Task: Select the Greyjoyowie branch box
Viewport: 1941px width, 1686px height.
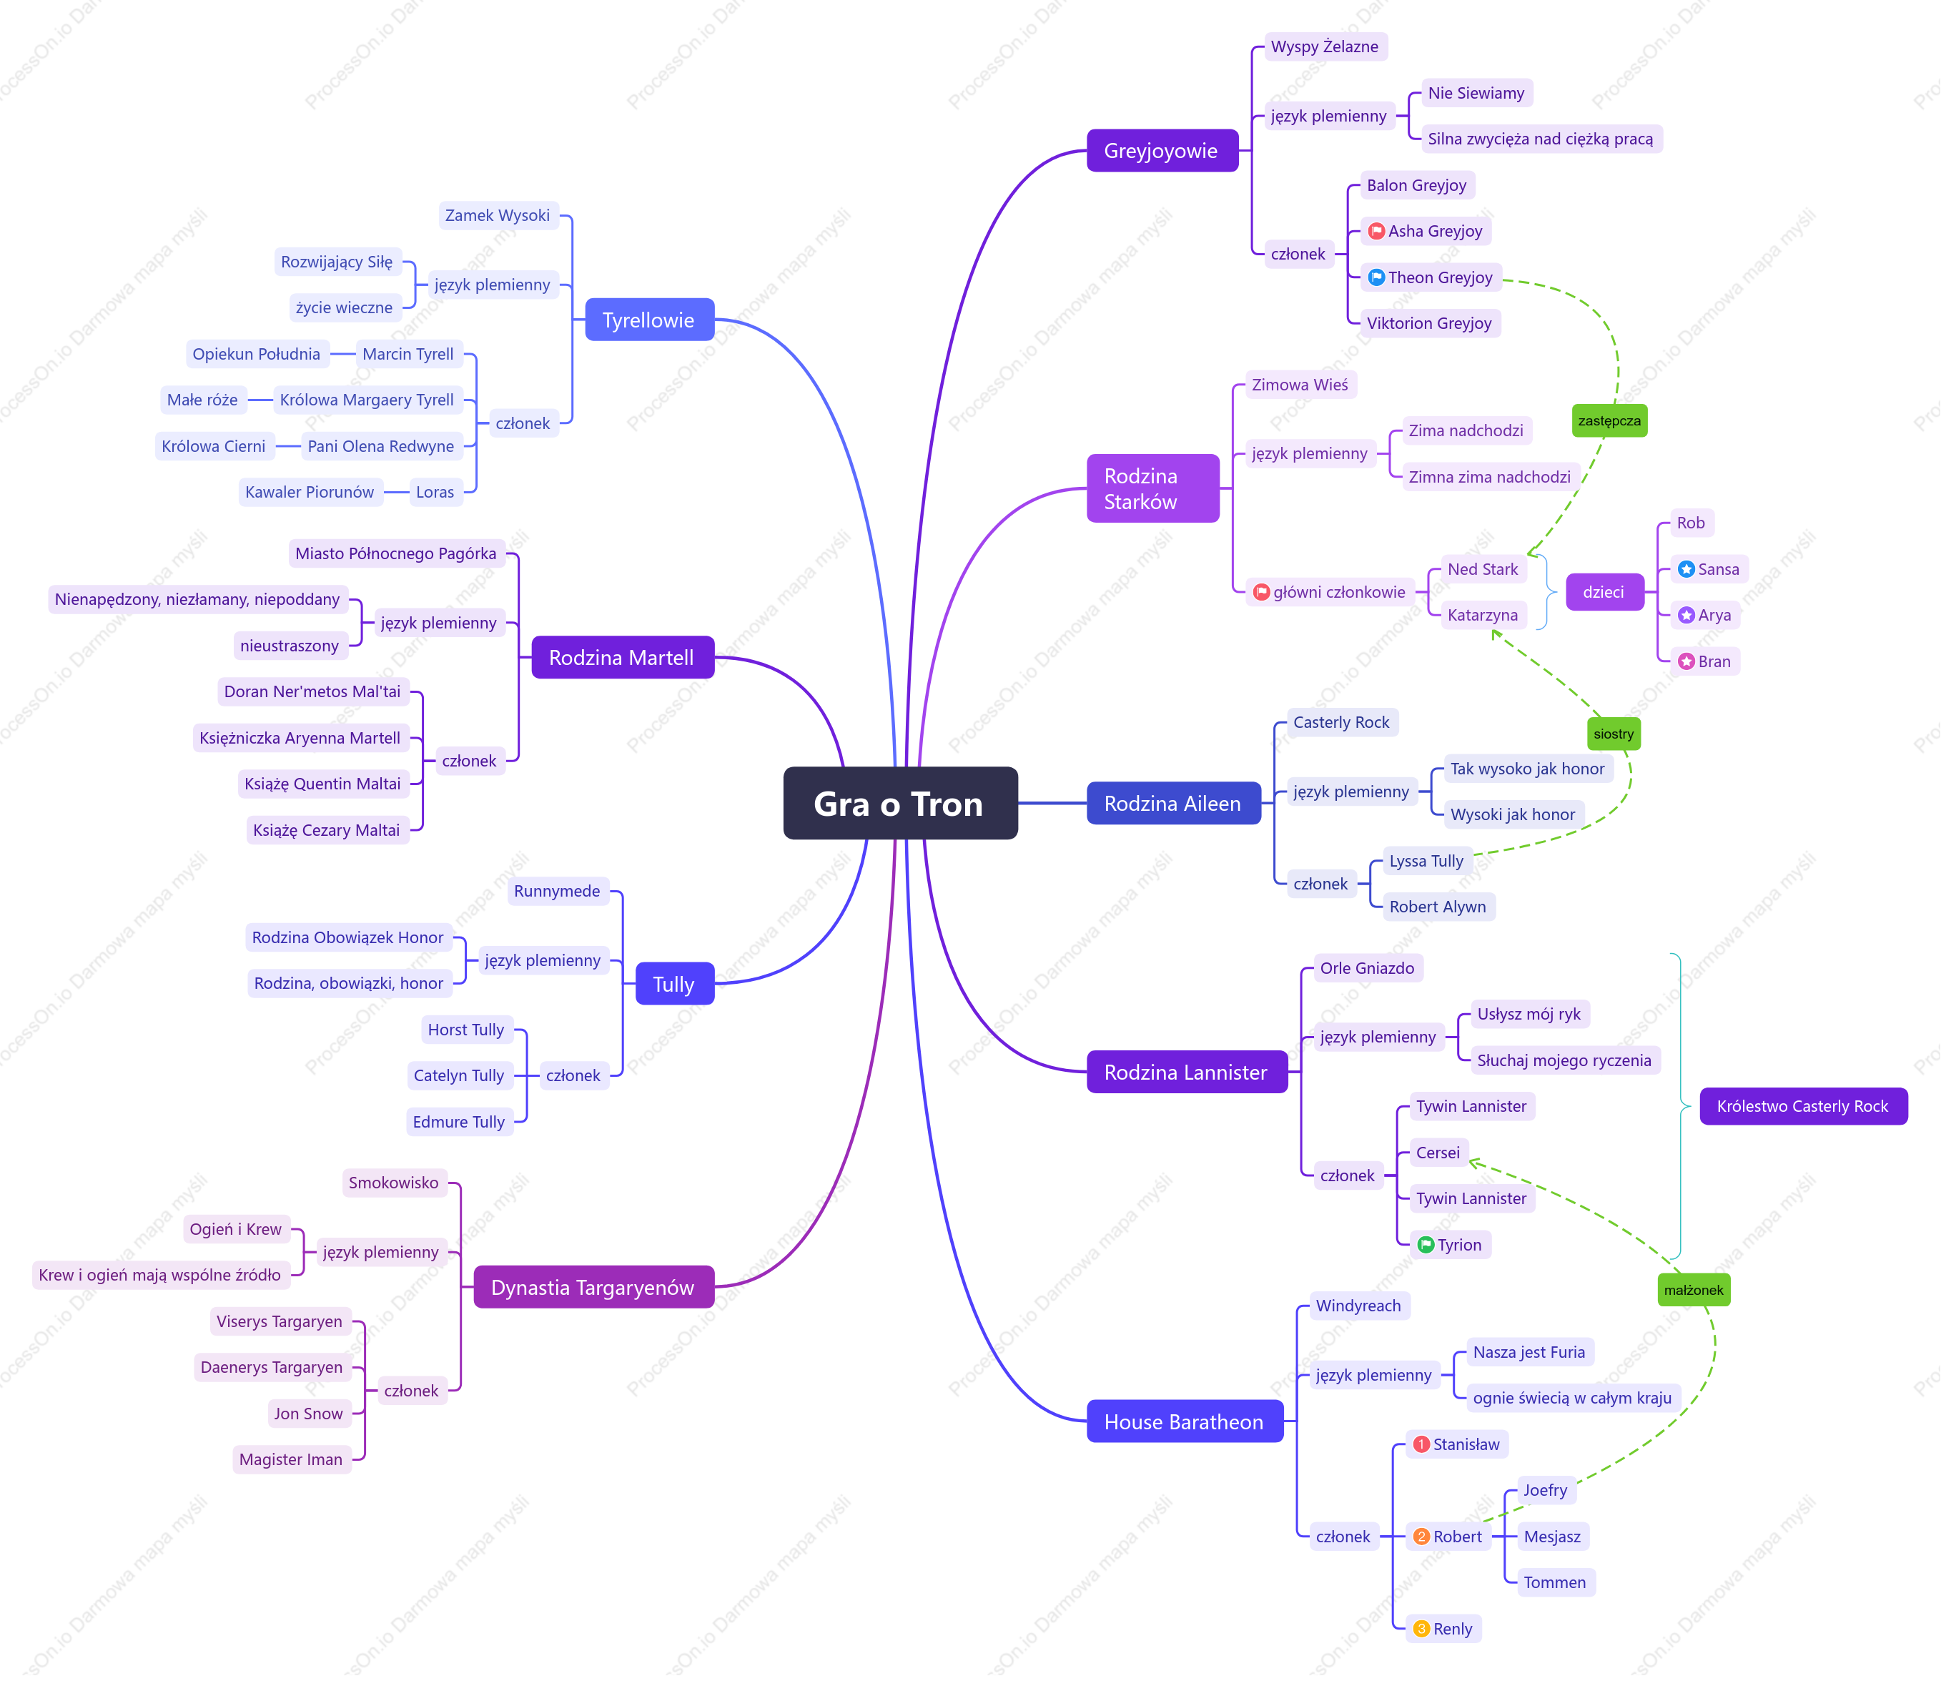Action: point(1162,151)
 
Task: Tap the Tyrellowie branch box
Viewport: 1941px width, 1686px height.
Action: point(649,320)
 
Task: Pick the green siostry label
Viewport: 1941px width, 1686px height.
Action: point(1614,734)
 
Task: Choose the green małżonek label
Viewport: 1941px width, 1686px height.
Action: point(1694,1290)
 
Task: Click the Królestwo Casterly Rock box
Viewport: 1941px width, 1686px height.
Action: point(1803,1106)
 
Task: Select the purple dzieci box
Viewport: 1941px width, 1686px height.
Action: point(1604,592)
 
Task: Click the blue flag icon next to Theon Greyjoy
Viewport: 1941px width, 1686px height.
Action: point(1376,277)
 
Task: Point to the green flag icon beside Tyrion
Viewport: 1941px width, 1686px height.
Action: point(1426,1245)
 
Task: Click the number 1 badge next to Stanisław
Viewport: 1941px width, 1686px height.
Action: point(1422,1444)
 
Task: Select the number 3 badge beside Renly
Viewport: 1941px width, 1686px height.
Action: point(1422,1629)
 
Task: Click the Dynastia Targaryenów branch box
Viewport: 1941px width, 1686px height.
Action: point(593,1287)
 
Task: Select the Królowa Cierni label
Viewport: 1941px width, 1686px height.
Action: point(214,446)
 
